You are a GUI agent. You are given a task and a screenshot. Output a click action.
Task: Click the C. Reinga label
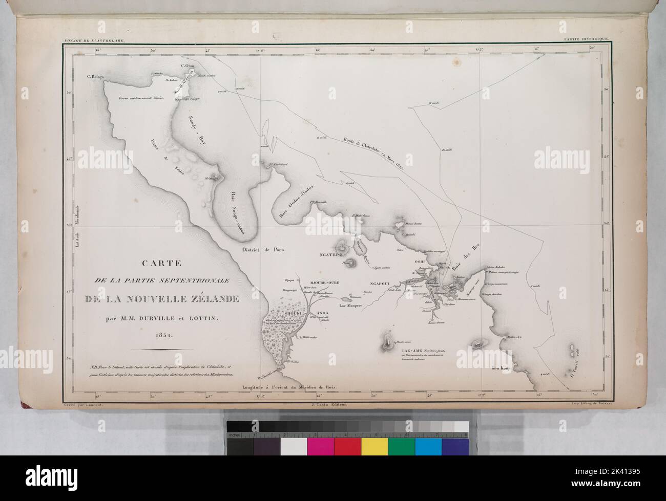(95, 77)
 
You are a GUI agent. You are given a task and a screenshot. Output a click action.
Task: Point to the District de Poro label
(262, 250)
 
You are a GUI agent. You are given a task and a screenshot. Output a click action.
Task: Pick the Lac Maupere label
(350, 306)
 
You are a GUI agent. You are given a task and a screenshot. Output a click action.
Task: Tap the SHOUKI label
(284, 300)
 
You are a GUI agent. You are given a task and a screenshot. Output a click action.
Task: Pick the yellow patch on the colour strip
(374, 446)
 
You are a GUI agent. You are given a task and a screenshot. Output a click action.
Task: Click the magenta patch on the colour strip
(320, 446)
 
